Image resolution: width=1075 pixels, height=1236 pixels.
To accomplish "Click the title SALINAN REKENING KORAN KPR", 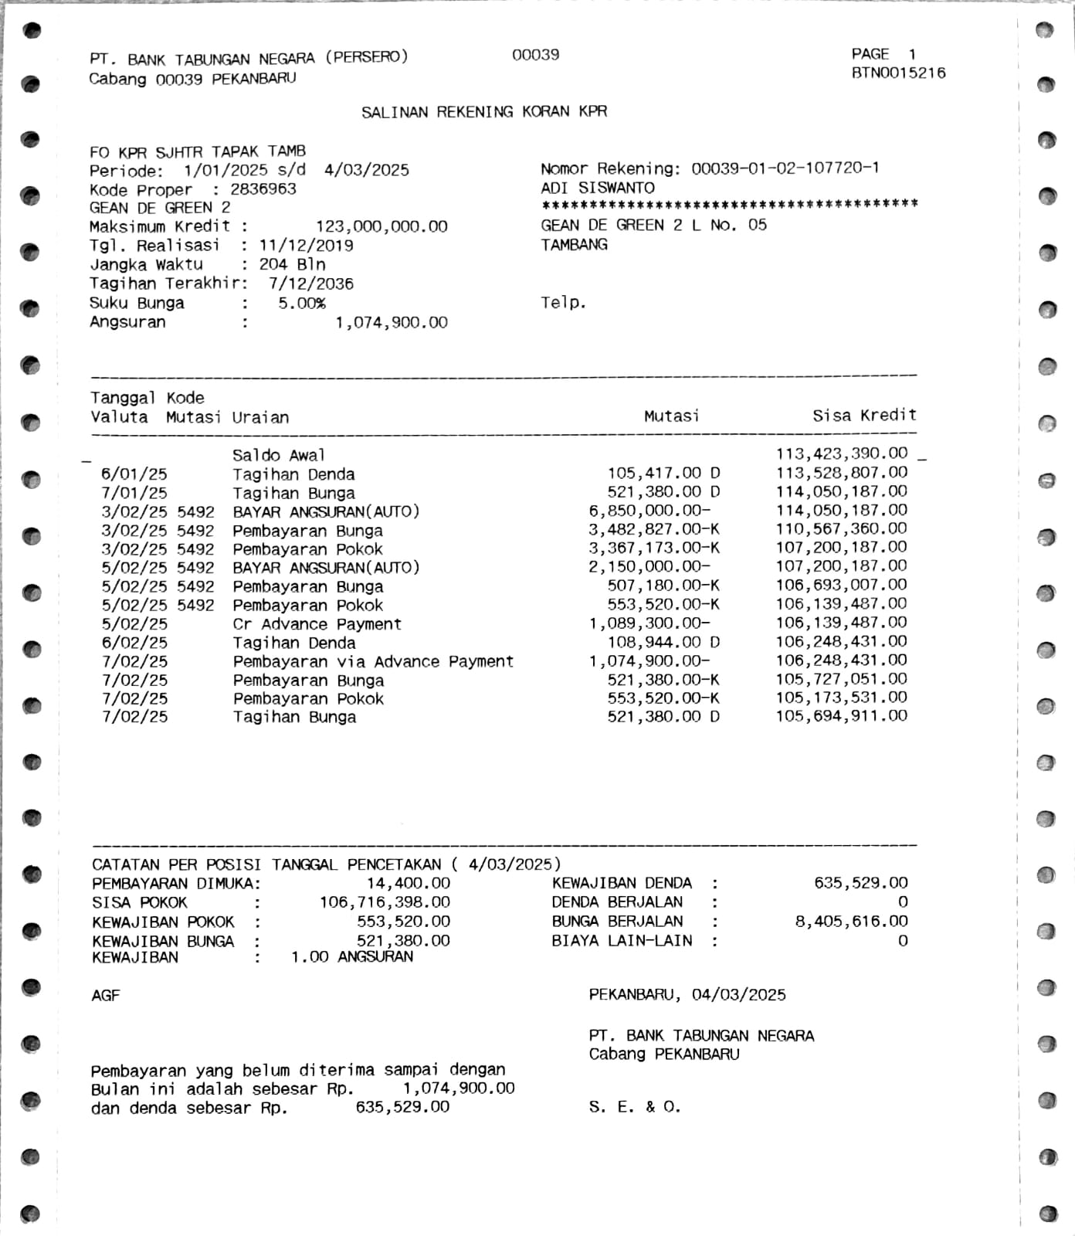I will [x=484, y=112].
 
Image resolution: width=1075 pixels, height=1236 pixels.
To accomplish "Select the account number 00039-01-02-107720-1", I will [x=785, y=168].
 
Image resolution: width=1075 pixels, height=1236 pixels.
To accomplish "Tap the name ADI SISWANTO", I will [x=598, y=188].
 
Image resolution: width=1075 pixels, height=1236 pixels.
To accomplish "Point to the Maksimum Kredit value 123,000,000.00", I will [x=382, y=227].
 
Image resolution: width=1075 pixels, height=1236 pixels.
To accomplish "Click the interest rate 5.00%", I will [x=302, y=304].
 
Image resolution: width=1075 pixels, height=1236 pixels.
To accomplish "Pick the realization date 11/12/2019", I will [x=306, y=246].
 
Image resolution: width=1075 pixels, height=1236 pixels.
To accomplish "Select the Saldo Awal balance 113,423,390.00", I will [x=841, y=453].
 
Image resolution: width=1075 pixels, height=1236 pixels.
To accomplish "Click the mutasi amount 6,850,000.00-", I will [x=649, y=511].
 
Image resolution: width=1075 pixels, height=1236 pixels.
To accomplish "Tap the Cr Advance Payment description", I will [x=317, y=624].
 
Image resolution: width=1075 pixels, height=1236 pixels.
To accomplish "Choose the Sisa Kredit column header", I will [x=864, y=416].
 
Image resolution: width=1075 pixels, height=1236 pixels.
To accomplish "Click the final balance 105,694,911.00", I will [x=841, y=716].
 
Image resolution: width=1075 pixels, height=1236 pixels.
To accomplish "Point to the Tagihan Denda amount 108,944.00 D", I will [x=663, y=642].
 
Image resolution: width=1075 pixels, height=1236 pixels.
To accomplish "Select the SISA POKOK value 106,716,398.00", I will [x=385, y=902].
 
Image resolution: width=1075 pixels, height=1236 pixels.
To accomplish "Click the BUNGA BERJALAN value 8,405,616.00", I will [x=851, y=922].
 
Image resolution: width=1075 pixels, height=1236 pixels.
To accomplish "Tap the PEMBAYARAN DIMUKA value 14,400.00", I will [x=408, y=883].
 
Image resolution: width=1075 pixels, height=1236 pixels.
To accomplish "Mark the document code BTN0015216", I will [x=898, y=73].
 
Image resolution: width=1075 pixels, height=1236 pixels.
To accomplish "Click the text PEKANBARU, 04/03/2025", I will [x=687, y=995].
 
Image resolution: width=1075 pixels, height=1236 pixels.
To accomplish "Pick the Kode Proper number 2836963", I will [x=263, y=189].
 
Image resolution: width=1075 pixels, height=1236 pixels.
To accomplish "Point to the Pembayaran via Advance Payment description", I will [x=373, y=662].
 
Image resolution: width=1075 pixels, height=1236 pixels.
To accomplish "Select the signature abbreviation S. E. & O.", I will [x=634, y=1107].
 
